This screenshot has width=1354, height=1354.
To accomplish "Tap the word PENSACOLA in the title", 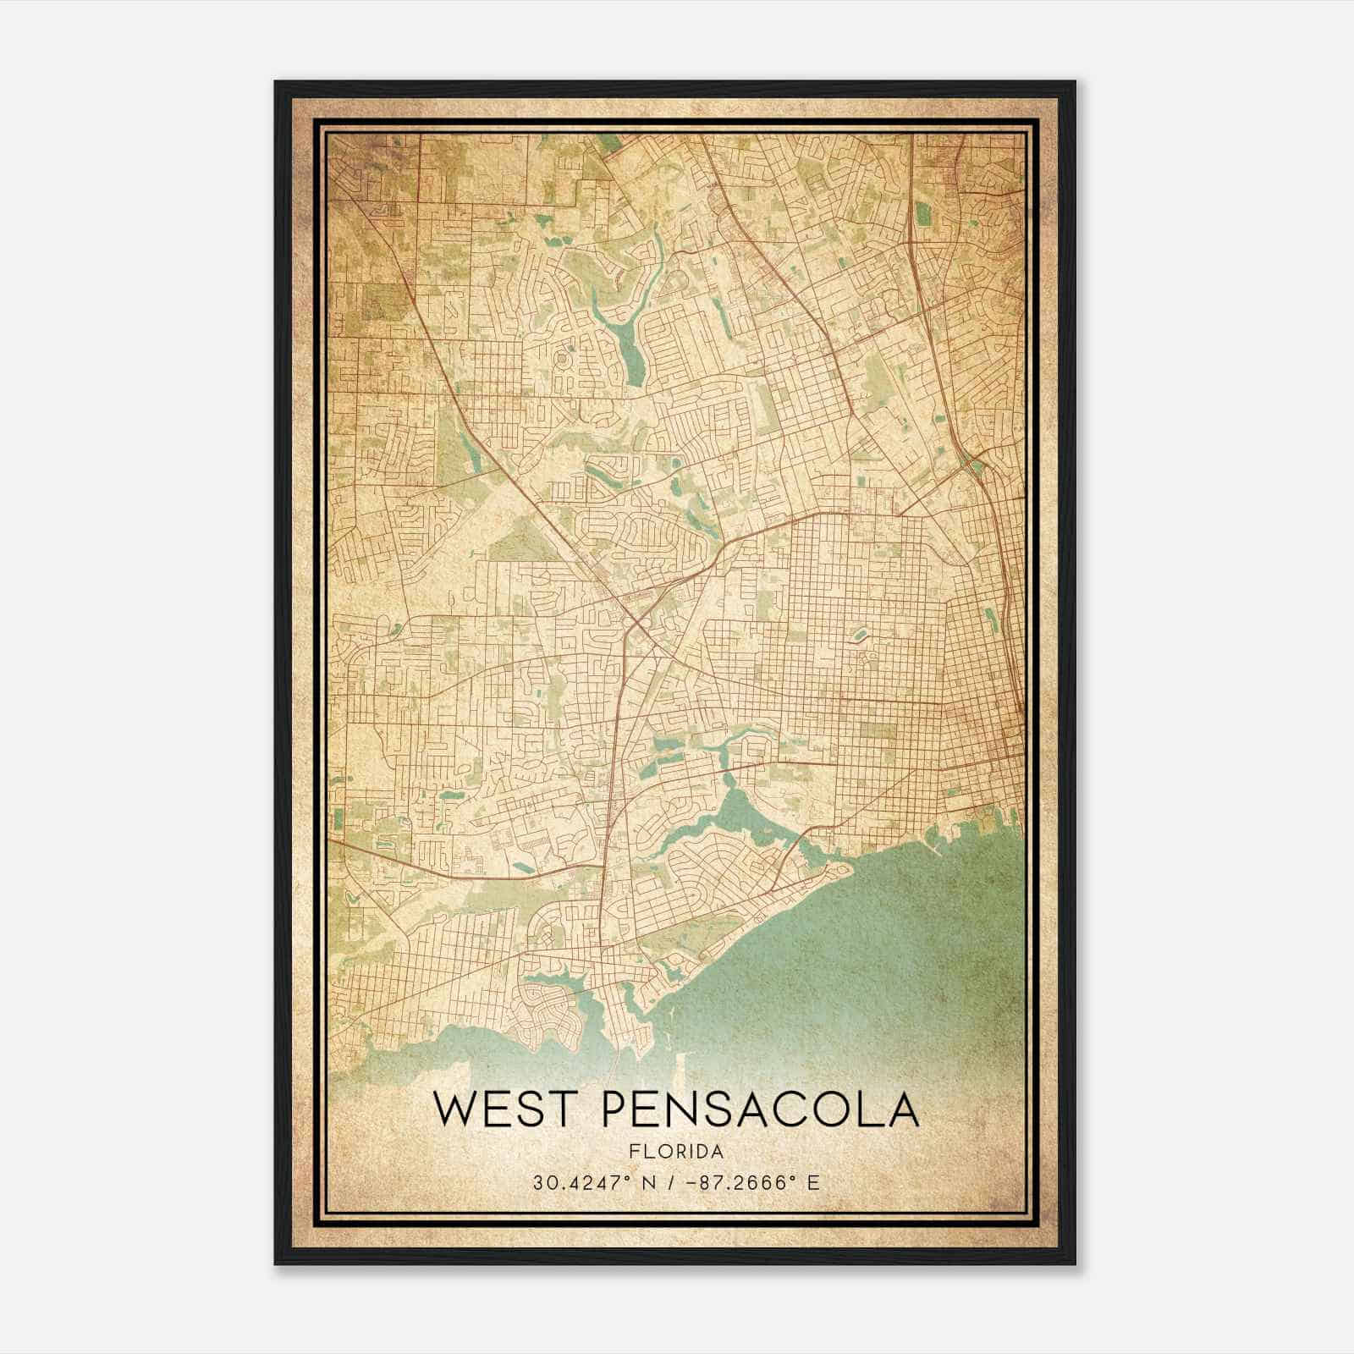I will [760, 1109].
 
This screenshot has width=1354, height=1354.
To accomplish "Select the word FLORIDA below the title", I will [676, 1152].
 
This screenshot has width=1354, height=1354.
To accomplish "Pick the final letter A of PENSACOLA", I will [900, 1109].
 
